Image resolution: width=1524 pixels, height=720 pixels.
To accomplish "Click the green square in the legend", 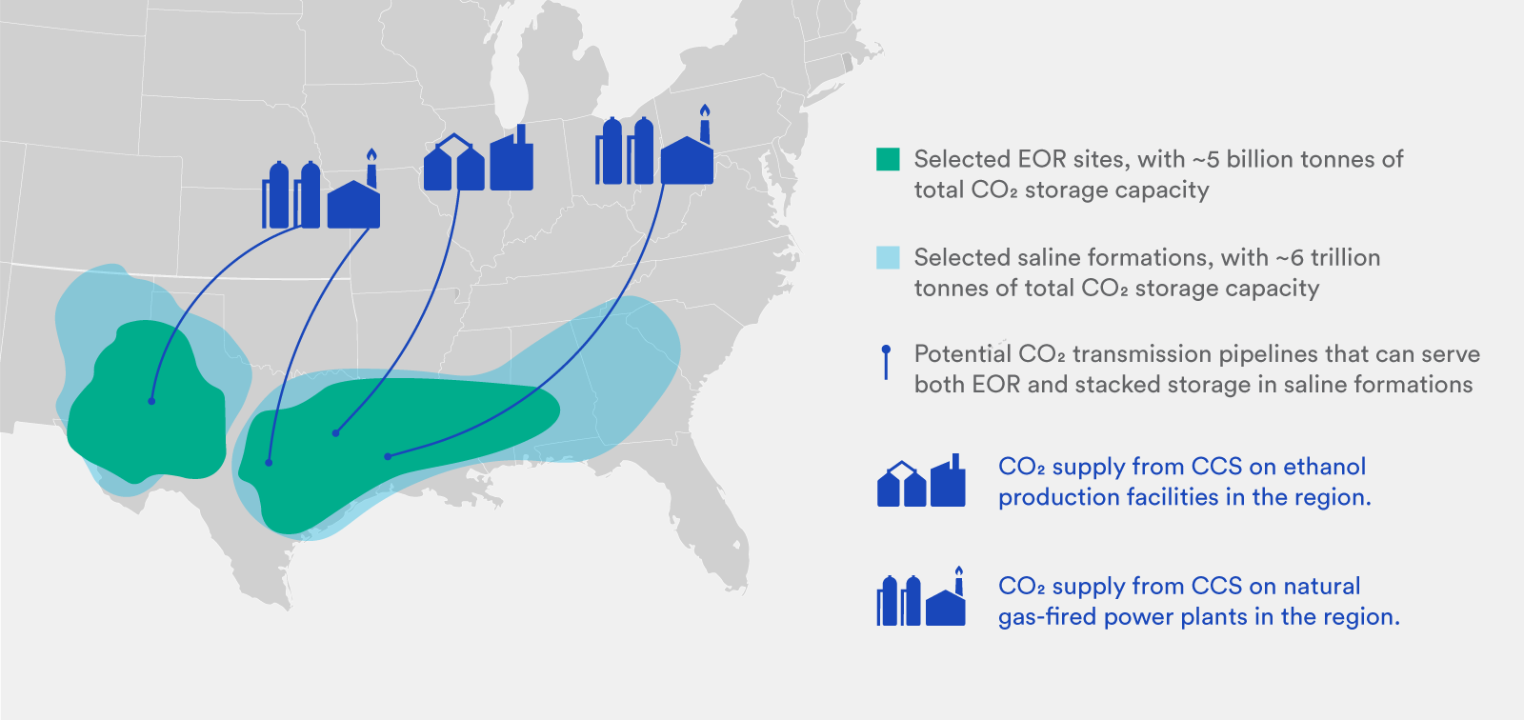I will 888,159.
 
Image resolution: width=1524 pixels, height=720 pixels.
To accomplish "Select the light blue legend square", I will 888,257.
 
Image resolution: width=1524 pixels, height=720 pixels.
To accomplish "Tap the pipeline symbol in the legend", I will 887,363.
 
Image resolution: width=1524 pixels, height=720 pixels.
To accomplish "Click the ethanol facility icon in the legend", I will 921,481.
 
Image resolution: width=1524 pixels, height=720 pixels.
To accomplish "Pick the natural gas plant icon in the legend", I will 921,599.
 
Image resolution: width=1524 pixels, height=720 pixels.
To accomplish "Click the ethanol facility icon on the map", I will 478,160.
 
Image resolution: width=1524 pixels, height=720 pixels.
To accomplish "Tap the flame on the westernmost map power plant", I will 371,156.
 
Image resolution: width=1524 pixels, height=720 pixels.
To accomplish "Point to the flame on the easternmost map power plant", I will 705,111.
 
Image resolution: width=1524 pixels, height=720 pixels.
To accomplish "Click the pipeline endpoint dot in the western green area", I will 151,401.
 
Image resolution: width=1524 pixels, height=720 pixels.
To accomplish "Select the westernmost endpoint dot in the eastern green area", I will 269,463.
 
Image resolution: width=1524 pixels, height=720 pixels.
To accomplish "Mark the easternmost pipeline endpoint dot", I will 388,457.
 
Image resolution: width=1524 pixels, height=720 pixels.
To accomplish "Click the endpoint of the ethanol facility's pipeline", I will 335,433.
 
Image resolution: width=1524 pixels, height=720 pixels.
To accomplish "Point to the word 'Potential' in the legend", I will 962,354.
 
